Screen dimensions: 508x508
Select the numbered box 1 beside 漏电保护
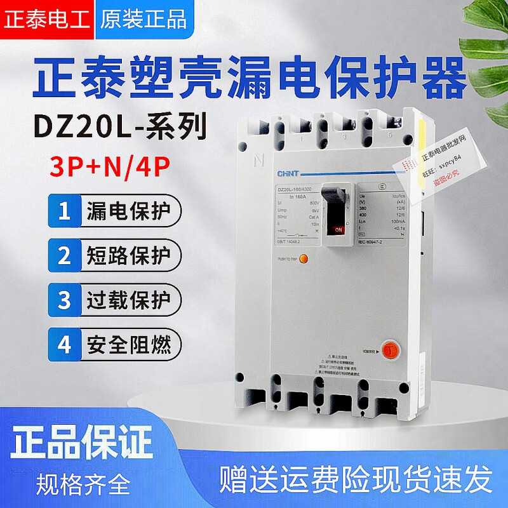[x=63, y=211]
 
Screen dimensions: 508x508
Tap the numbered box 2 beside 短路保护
[x=63, y=256]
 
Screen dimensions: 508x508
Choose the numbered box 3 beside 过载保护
[x=63, y=300]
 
